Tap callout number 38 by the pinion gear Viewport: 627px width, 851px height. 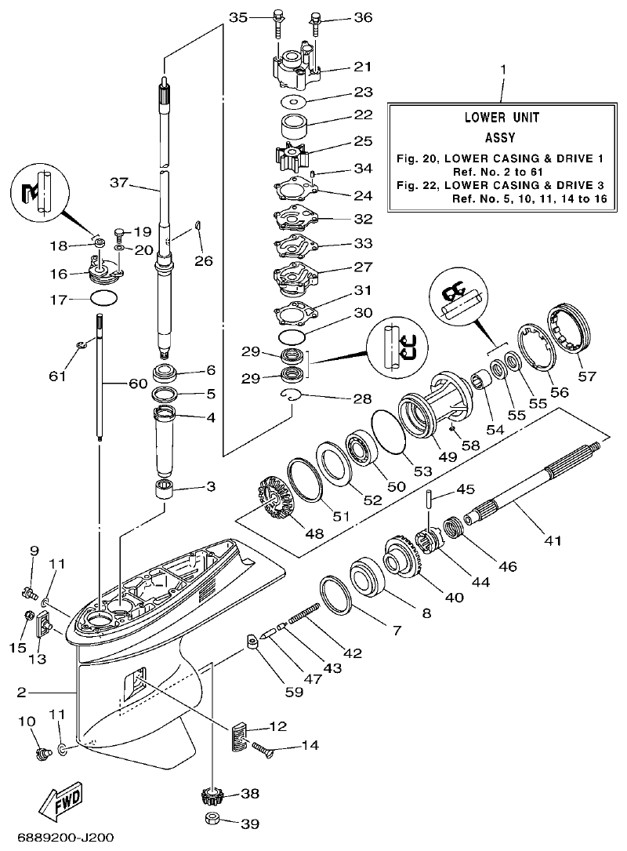pos(249,794)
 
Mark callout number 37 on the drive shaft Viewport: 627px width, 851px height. pos(118,183)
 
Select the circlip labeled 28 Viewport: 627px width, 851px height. pos(292,396)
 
